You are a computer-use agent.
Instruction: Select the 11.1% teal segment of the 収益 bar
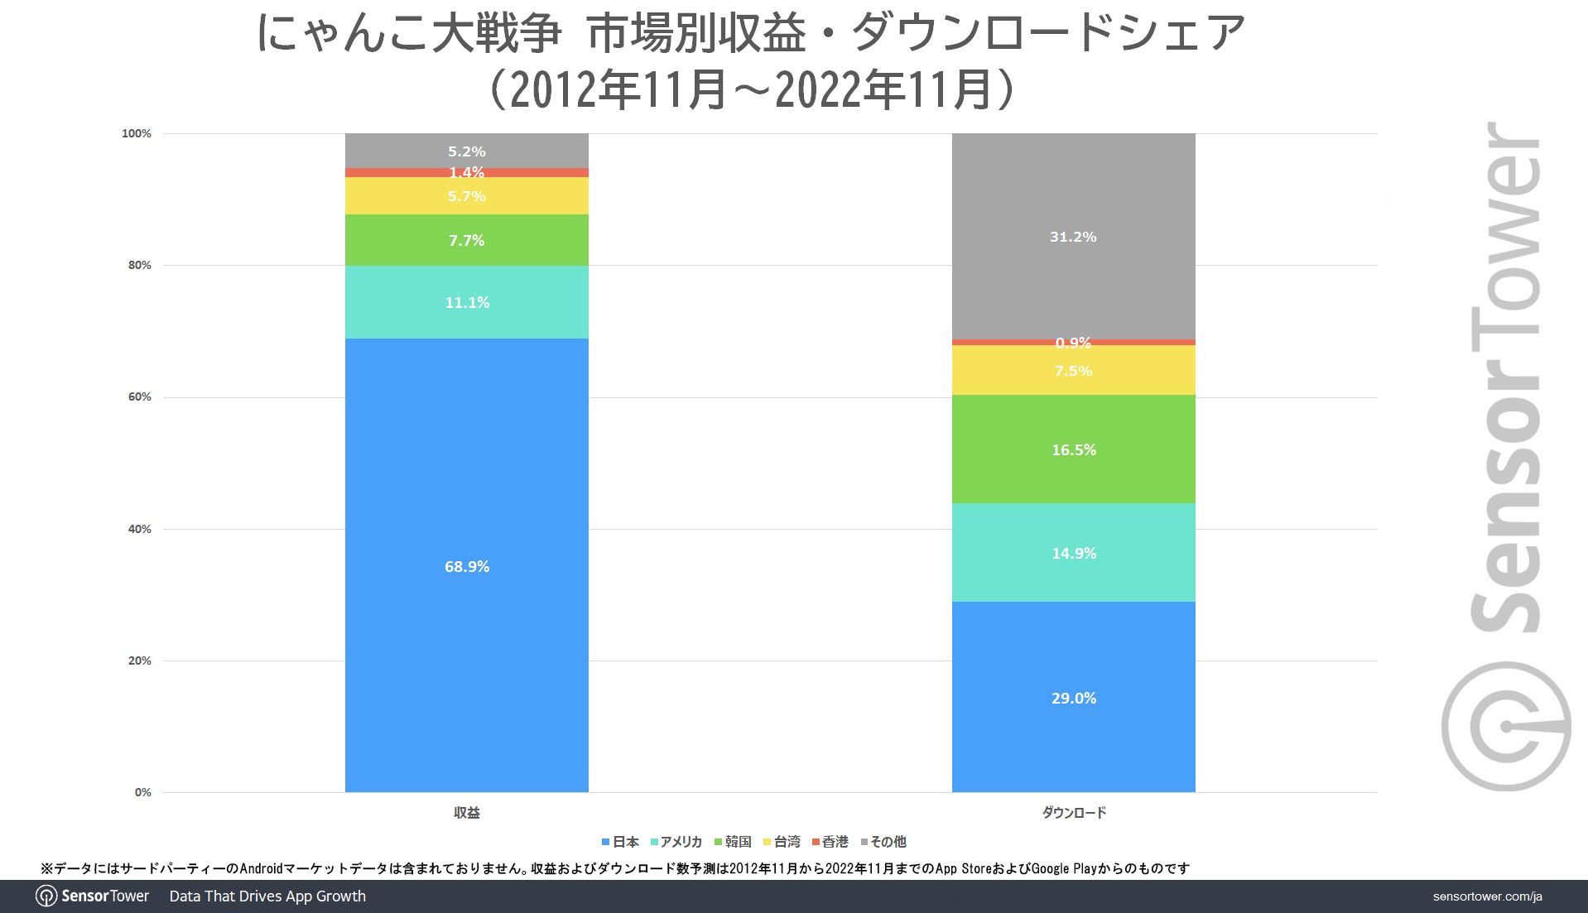466,302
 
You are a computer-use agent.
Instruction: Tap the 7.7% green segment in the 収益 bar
466,240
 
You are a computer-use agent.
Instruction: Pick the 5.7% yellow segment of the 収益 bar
466,196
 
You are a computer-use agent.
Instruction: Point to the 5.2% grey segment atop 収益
466,151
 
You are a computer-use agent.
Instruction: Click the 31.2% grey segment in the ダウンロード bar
1073,236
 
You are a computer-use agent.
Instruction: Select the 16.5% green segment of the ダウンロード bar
1073,449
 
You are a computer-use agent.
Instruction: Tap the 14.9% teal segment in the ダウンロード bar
1073,553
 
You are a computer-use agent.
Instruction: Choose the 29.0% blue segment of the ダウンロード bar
1073,698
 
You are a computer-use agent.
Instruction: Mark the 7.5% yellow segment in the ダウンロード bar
1073,370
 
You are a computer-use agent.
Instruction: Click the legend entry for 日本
620,842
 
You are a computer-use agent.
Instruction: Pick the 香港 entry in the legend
830,842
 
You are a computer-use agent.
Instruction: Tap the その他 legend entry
883,842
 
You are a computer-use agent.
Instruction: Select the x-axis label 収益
466,813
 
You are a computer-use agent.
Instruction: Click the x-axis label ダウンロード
1073,813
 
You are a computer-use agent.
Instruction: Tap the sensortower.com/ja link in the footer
1487,896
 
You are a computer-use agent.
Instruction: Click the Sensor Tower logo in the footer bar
93,896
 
